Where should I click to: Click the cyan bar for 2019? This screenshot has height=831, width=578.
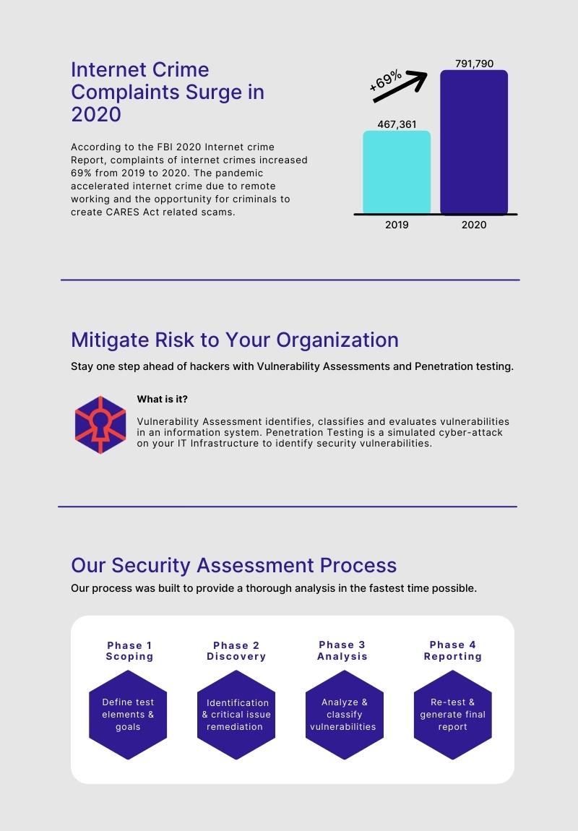[x=396, y=172]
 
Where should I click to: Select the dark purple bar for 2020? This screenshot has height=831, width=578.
[x=474, y=142]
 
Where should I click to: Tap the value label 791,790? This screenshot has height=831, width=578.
[x=474, y=64]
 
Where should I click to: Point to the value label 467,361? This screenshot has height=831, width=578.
[x=397, y=124]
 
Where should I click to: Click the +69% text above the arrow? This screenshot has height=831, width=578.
[x=386, y=80]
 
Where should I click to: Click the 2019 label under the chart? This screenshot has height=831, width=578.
[x=397, y=225]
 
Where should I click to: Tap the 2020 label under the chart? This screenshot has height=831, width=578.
[x=474, y=225]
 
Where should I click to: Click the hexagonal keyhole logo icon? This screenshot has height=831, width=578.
[x=100, y=425]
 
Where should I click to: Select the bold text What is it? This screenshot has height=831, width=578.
[x=162, y=399]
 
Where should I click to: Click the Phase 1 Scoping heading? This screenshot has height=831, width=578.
[x=129, y=651]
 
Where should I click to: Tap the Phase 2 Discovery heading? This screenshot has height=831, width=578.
[x=236, y=651]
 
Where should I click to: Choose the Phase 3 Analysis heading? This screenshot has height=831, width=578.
[x=342, y=650]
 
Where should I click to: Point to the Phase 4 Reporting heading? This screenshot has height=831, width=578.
[x=453, y=650]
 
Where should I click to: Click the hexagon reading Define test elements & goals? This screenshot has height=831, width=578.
[x=128, y=715]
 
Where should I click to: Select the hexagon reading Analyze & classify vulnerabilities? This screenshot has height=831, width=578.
[x=345, y=715]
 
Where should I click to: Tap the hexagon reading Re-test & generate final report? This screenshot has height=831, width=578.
[x=453, y=715]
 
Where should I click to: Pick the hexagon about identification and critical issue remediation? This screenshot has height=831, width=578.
[x=236, y=715]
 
